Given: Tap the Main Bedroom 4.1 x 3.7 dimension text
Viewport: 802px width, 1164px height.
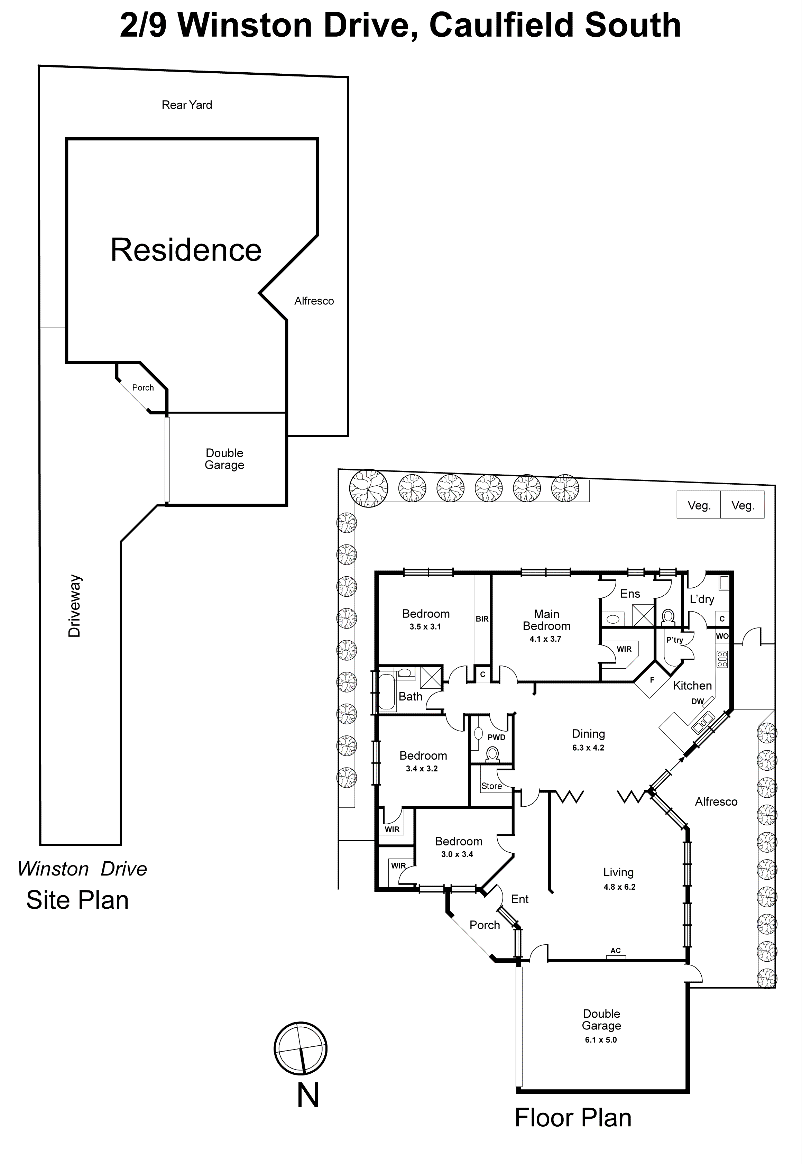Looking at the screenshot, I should (x=545, y=639).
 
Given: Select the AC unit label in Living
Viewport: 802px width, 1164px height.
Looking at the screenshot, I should (x=616, y=951).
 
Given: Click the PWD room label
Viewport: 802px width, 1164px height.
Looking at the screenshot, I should (x=497, y=737).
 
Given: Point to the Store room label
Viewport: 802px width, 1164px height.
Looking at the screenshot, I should (x=491, y=786).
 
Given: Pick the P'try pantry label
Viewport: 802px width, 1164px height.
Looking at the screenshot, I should (x=674, y=640).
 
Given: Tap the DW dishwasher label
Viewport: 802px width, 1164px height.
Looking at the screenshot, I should (x=698, y=701).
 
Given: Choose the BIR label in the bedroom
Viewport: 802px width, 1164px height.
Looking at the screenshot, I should (x=482, y=619).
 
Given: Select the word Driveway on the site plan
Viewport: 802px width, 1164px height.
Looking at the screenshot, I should (x=74, y=606).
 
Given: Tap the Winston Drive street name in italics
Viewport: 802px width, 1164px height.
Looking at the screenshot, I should (x=82, y=869).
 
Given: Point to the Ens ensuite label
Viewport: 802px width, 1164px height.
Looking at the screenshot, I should (x=630, y=594).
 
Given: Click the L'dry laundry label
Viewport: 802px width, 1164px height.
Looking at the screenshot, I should (x=701, y=599).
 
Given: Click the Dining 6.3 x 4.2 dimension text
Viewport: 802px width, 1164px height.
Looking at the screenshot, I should (x=588, y=748).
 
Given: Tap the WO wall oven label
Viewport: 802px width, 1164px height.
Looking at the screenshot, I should (x=722, y=636).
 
